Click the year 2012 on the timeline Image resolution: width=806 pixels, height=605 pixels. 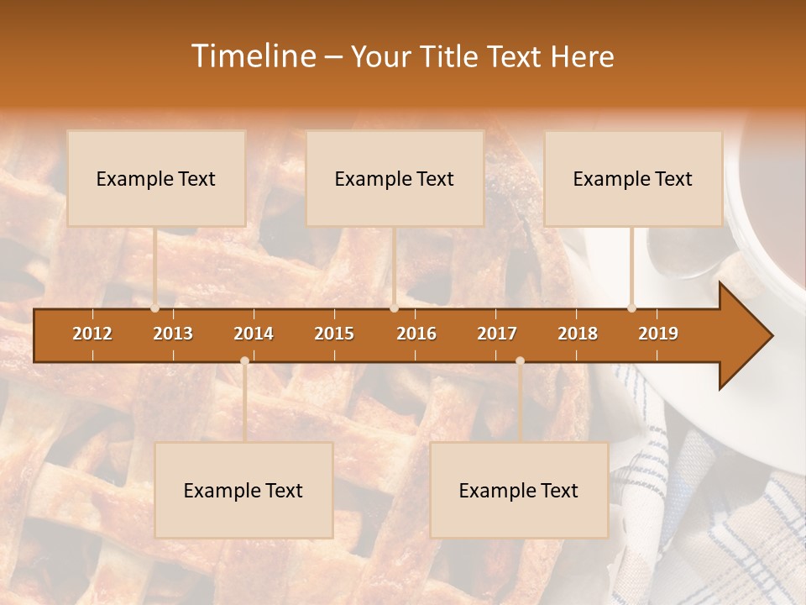(92, 334)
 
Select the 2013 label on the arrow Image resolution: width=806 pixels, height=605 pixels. (173, 334)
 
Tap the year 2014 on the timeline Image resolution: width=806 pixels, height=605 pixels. (254, 334)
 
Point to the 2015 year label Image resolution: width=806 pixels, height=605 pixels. (334, 334)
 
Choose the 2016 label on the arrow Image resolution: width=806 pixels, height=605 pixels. (416, 334)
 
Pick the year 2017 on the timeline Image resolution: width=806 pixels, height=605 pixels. (497, 334)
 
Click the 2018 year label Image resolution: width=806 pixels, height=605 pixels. (578, 334)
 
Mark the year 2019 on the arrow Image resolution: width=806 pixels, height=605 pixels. (658, 334)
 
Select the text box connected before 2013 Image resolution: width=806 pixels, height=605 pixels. (156, 178)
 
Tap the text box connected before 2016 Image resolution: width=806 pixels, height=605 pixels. (395, 178)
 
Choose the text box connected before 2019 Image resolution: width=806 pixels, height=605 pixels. (633, 178)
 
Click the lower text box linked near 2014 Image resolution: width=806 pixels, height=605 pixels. (243, 490)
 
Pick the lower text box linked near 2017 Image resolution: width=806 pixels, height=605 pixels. (519, 490)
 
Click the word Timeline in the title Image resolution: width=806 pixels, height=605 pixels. (253, 56)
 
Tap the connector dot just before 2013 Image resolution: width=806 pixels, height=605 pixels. (155, 308)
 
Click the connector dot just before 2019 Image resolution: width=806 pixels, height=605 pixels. (632, 308)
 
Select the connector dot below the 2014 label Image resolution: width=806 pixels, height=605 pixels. (244, 360)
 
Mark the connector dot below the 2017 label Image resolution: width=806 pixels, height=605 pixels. (520, 360)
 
